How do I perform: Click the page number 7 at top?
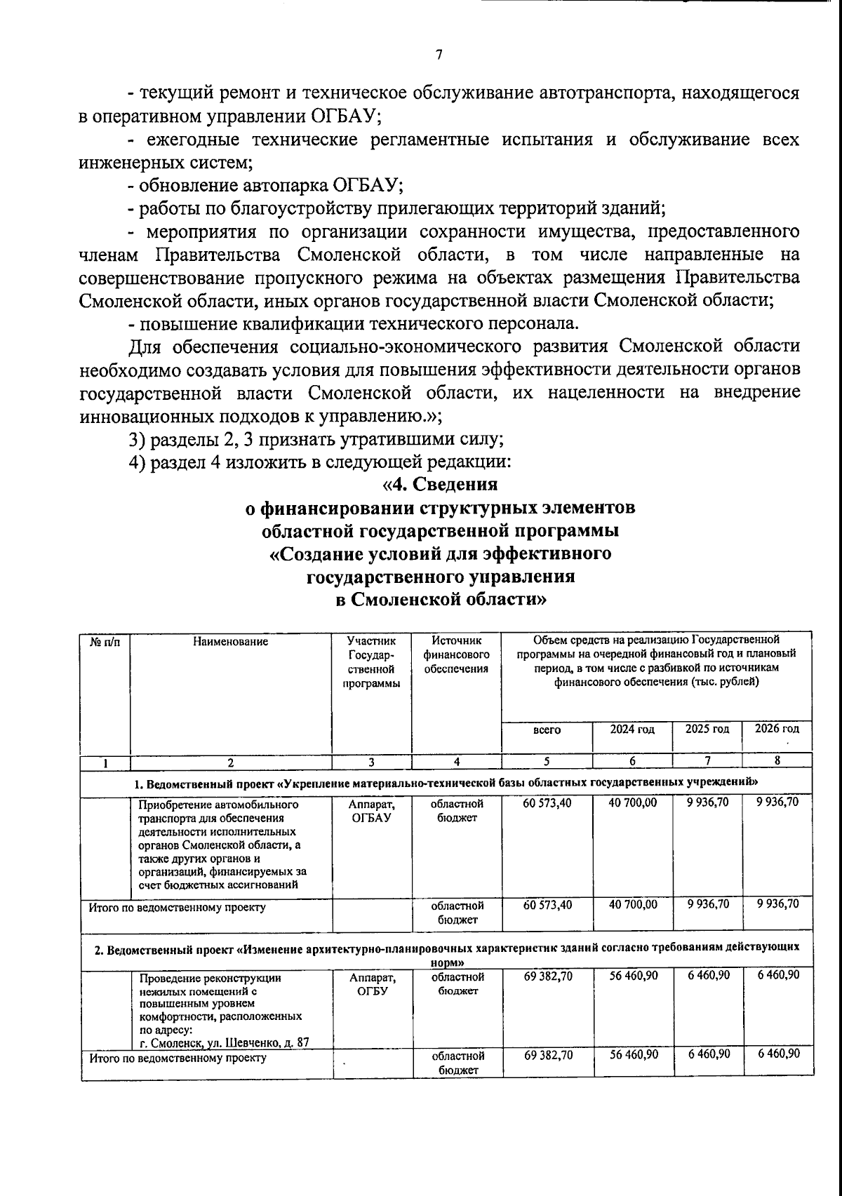pyautogui.click(x=439, y=55)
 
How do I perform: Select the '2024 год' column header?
pyautogui.click(x=631, y=729)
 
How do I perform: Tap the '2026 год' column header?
pyautogui.click(x=777, y=728)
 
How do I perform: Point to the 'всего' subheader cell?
pyautogui.click(x=547, y=730)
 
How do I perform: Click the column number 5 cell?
pyautogui.click(x=547, y=761)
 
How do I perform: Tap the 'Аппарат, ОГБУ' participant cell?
pyautogui.click(x=371, y=983)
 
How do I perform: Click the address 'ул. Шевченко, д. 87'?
pyautogui.click(x=255, y=1042)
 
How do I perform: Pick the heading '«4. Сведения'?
pyautogui.click(x=440, y=484)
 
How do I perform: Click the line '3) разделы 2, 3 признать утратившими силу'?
pyautogui.click(x=316, y=439)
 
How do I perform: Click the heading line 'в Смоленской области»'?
pyautogui.click(x=440, y=600)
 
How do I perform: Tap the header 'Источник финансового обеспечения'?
pyautogui.click(x=456, y=654)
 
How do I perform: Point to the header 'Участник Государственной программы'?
pyautogui.click(x=371, y=661)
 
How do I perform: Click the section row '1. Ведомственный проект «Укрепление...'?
pyautogui.click(x=446, y=781)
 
